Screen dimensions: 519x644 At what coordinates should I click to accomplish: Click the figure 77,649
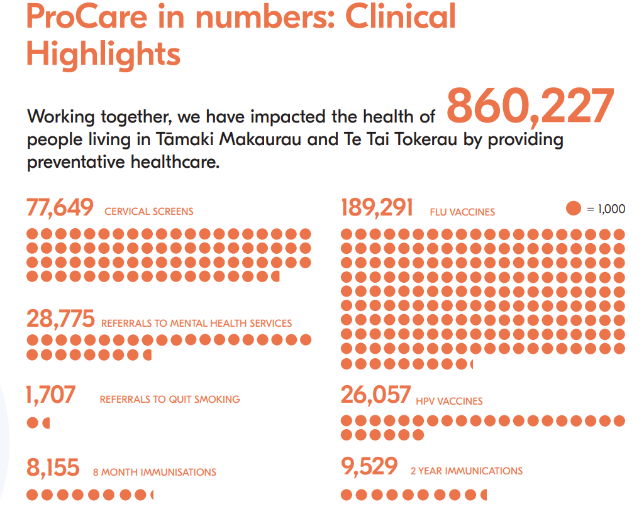pyautogui.click(x=60, y=207)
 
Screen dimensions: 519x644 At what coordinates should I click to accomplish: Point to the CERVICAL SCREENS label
pyautogui.click(x=149, y=212)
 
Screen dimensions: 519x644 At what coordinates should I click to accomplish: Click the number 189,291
pyautogui.click(x=377, y=208)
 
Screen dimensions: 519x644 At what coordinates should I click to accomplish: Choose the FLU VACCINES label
pyautogui.click(x=462, y=212)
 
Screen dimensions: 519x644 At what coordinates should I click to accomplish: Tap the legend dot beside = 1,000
pyautogui.click(x=573, y=209)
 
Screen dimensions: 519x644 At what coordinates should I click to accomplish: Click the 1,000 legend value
pyautogui.click(x=611, y=209)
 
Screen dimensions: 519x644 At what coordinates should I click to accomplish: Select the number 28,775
pyautogui.click(x=60, y=319)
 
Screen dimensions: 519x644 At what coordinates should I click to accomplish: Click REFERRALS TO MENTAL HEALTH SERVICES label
pyautogui.click(x=196, y=324)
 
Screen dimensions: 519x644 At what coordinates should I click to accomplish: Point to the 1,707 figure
pyautogui.click(x=51, y=395)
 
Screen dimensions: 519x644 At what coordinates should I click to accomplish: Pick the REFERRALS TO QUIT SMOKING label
pyautogui.click(x=170, y=399)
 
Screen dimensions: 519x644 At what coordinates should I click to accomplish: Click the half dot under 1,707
pyautogui.click(x=47, y=423)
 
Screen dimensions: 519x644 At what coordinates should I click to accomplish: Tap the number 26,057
pyautogui.click(x=375, y=395)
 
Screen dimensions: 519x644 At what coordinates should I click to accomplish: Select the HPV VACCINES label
pyautogui.click(x=449, y=401)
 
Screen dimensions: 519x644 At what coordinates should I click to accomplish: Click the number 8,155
pyautogui.click(x=53, y=468)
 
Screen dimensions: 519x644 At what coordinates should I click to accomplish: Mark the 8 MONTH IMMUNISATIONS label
pyautogui.click(x=154, y=473)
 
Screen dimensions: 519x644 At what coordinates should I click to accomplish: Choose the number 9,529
pyautogui.click(x=369, y=467)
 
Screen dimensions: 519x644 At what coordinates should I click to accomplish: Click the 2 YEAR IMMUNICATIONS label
pyautogui.click(x=466, y=471)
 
